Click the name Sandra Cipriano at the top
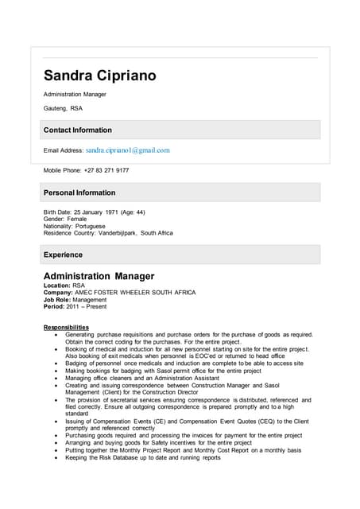[99, 76]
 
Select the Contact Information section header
[77, 130]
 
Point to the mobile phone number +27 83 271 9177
[106, 170]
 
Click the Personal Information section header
[79, 192]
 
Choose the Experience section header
[63, 254]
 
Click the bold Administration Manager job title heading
[99, 276]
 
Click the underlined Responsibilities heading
[66, 327]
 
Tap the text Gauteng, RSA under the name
[62, 107]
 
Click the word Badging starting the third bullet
[78, 363]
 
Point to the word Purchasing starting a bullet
[82, 435]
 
